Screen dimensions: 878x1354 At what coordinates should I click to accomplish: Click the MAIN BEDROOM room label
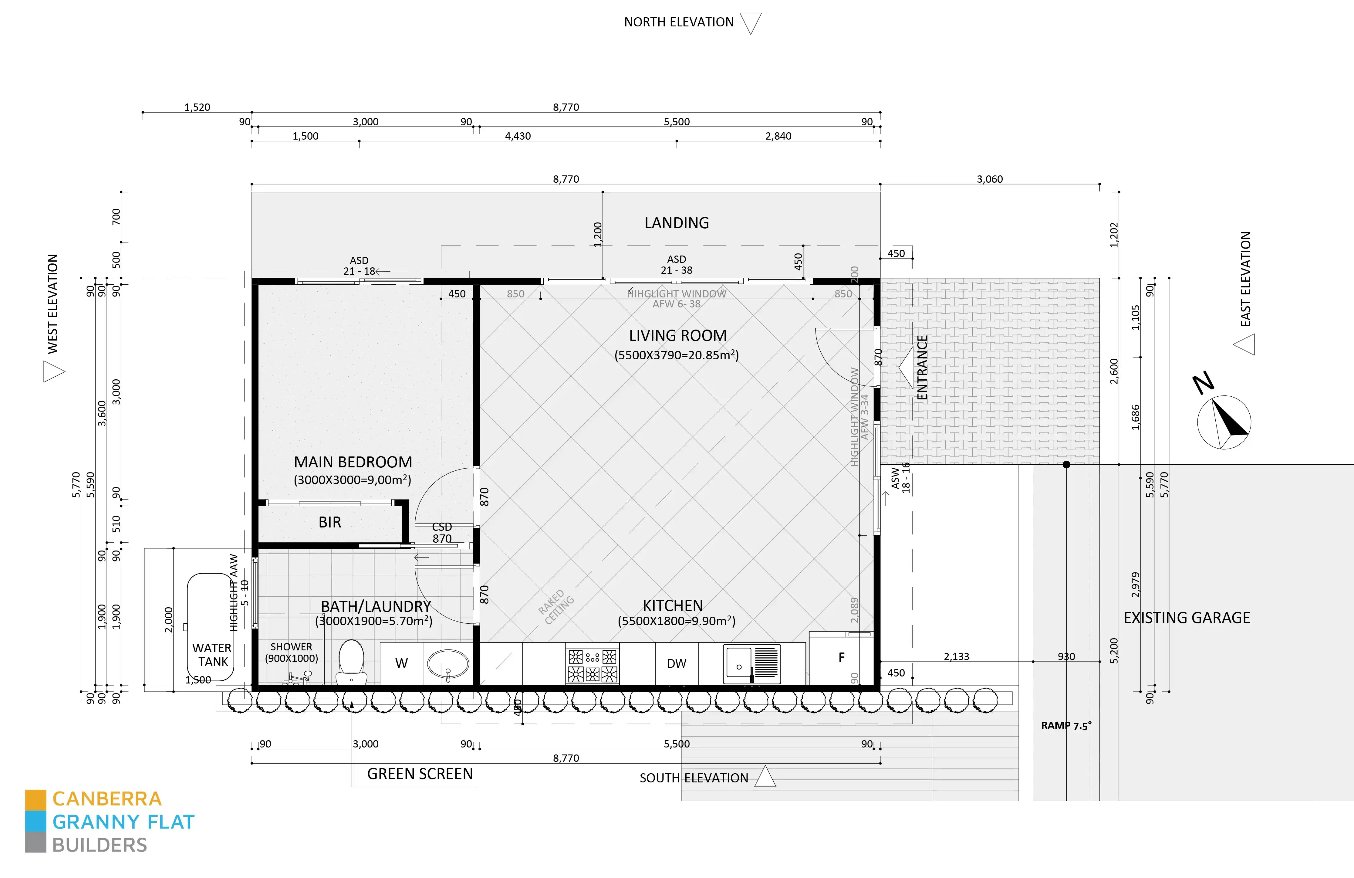tap(353, 462)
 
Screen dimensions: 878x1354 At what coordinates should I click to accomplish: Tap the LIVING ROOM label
tap(677, 336)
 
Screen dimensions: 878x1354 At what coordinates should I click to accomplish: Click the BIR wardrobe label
tap(330, 522)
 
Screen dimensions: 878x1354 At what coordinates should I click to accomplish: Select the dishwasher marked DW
tap(677, 663)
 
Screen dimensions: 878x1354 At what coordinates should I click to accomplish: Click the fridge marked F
tap(841, 658)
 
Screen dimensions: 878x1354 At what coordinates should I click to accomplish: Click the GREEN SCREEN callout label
tap(420, 774)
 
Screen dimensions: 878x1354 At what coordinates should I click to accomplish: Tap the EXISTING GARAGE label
tap(1187, 618)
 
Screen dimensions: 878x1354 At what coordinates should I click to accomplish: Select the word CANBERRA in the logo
tap(107, 799)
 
